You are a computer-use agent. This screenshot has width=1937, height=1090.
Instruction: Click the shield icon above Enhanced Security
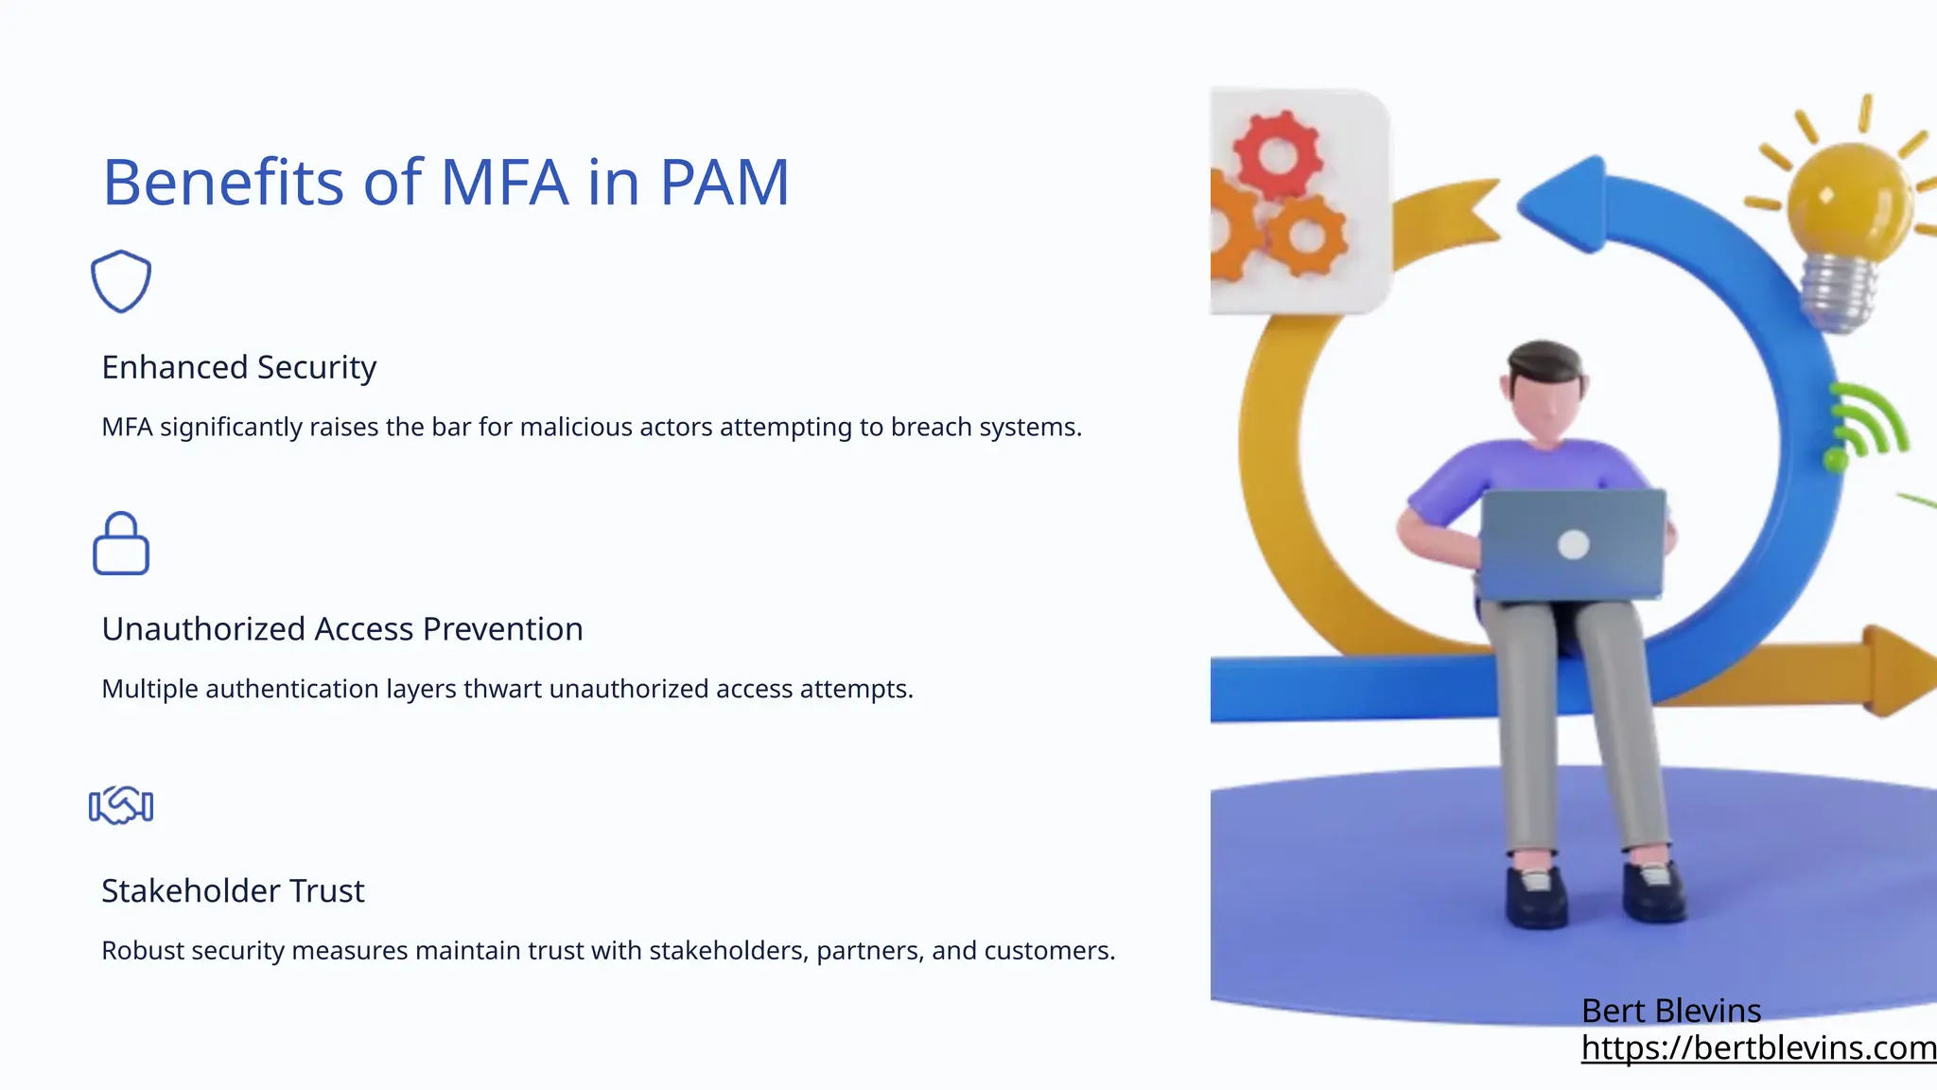(x=121, y=281)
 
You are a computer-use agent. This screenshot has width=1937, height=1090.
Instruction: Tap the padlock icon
(x=121, y=544)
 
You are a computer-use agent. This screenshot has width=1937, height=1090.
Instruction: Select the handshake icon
(x=121, y=805)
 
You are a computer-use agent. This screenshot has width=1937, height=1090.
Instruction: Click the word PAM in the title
(x=724, y=182)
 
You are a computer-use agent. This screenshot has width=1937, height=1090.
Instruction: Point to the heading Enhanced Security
(x=238, y=367)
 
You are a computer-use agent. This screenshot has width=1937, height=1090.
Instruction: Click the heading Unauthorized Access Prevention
(x=342, y=629)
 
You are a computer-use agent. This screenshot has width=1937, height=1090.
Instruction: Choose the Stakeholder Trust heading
(x=233, y=891)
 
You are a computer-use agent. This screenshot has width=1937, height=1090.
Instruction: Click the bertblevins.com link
(x=1757, y=1047)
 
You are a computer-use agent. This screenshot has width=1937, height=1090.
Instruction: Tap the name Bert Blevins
(x=1671, y=1011)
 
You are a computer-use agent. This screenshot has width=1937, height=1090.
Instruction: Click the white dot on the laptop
(x=1573, y=544)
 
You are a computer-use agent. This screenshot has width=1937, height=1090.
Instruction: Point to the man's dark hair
(x=1545, y=360)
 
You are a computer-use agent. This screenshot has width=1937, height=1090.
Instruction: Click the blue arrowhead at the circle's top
(x=1565, y=203)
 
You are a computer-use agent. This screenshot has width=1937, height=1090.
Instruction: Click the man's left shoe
(x=1537, y=894)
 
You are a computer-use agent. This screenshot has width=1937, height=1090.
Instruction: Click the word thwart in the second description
(x=502, y=689)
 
